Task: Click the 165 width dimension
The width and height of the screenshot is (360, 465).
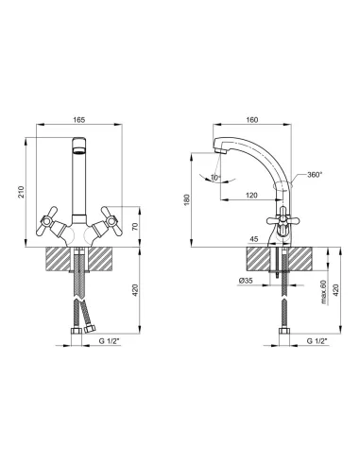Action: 79,120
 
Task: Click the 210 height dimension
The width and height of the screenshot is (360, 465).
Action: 21,192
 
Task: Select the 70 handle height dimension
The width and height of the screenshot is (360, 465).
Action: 135,227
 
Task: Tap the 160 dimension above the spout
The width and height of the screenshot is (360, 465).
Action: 252,120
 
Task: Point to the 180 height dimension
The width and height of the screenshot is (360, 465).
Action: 187,199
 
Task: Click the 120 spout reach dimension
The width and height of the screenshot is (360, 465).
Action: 251,196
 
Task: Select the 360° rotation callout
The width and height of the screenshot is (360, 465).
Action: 315,174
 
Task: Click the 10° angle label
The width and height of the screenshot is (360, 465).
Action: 215,178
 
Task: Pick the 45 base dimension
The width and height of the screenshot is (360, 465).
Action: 254,239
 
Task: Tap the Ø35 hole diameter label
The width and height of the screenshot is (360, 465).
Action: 246,281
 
